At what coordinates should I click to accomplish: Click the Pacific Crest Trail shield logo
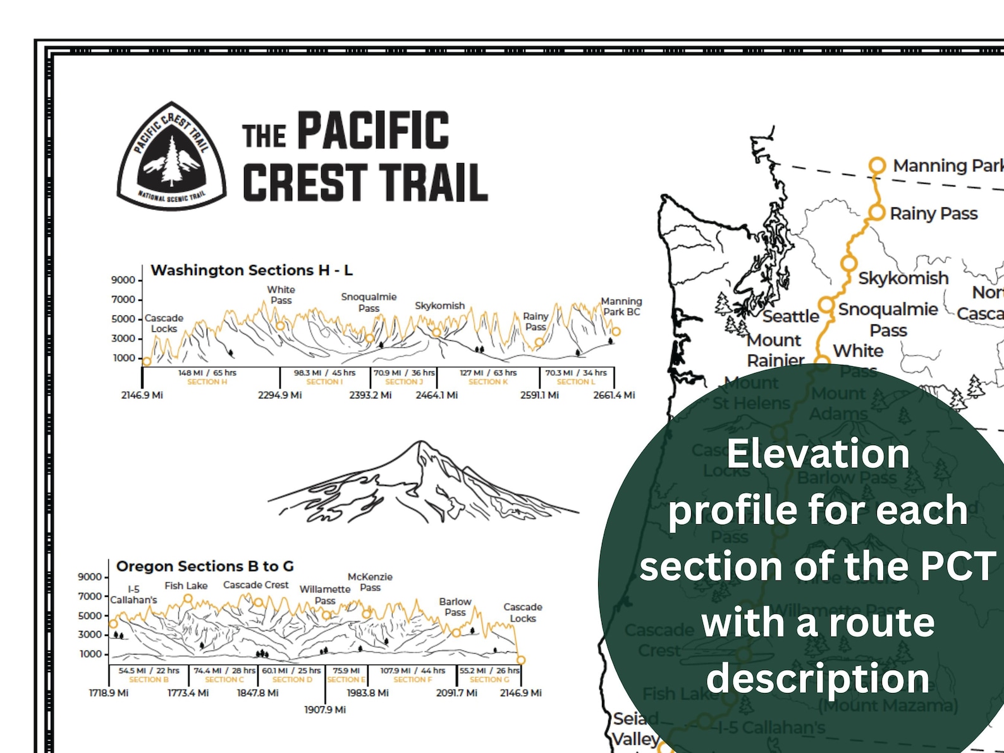point(171,156)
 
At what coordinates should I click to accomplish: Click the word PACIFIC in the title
point(373,131)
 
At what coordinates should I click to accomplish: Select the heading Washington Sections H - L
point(252,270)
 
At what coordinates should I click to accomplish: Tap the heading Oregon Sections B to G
point(205,566)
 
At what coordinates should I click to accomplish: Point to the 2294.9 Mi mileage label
point(279,395)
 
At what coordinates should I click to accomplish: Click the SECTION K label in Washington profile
point(488,382)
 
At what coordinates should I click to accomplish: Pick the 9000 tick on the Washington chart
point(123,280)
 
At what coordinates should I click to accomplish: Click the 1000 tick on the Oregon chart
point(90,654)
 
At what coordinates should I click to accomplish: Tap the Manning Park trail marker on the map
point(877,166)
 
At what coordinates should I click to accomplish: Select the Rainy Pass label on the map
point(933,214)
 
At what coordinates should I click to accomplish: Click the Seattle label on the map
point(790,316)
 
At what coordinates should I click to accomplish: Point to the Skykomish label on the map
point(903,278)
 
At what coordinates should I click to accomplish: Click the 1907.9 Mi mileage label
point(325,710)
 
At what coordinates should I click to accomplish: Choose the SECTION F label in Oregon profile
point(413,680)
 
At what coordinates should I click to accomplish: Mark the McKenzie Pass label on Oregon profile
point(370,582)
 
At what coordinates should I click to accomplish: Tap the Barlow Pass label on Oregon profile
point(455,607)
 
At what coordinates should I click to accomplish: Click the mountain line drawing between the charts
point(422,484)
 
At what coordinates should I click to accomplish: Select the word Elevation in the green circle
point(818,454)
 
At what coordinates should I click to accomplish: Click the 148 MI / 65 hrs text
point(207,373)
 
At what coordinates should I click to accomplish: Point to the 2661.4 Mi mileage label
point(614,395)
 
